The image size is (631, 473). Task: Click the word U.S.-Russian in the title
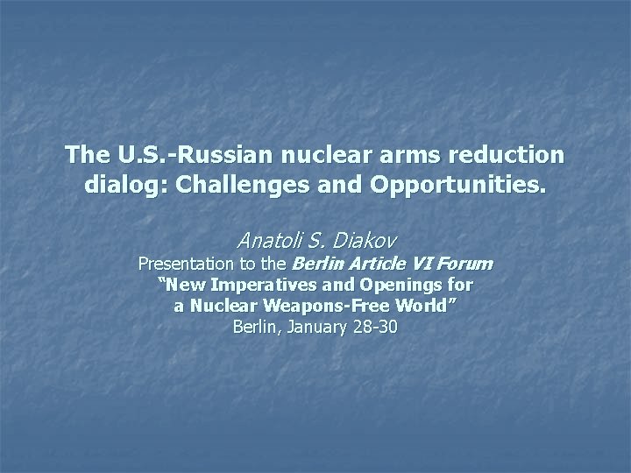tap(174, 156)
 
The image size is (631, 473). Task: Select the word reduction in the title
tap(510, 156)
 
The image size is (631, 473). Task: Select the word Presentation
tap(186, 263)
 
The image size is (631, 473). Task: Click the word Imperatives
tap(260, 285)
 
